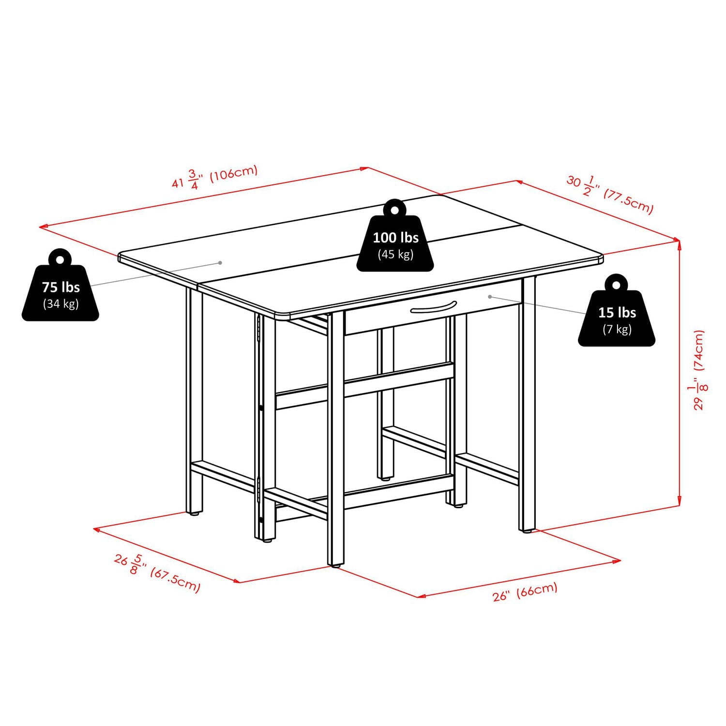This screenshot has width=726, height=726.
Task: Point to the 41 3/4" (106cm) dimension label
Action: tap(215, 178)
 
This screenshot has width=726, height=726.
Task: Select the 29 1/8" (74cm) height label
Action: tap(699, 370)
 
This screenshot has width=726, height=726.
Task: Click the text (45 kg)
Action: tap(395, 255)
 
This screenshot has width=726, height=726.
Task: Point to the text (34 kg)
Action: tap(60, 304)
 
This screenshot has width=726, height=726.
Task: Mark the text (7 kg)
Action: tap(617, 330)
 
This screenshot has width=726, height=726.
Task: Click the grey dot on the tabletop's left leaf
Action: tap(220, 263)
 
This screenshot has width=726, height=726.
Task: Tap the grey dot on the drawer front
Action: tap(490, 296)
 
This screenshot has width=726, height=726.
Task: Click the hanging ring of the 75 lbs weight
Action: tap(60, 260)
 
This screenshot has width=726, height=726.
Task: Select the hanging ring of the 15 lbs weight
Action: tap(616, 285)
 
